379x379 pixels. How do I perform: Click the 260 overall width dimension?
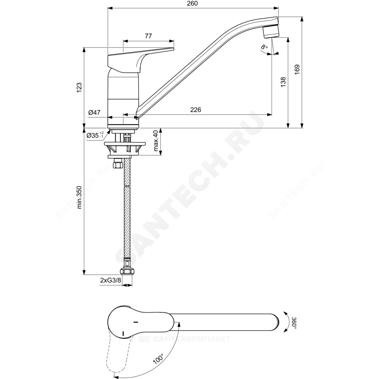(x=193, y=4)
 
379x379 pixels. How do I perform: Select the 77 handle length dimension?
(x=148, y=36)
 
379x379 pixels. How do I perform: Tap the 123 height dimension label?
(x=79, y=88)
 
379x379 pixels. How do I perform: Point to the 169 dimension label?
(x=297, y=69)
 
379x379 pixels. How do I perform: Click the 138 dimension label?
(x=283, y=82)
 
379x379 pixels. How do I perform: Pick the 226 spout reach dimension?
(x=196, y=110)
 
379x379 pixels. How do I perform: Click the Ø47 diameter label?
(x=94, y=113)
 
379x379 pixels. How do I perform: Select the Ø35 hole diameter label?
(x=95, y=135)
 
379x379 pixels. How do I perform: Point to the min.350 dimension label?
(x=79, y=197)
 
